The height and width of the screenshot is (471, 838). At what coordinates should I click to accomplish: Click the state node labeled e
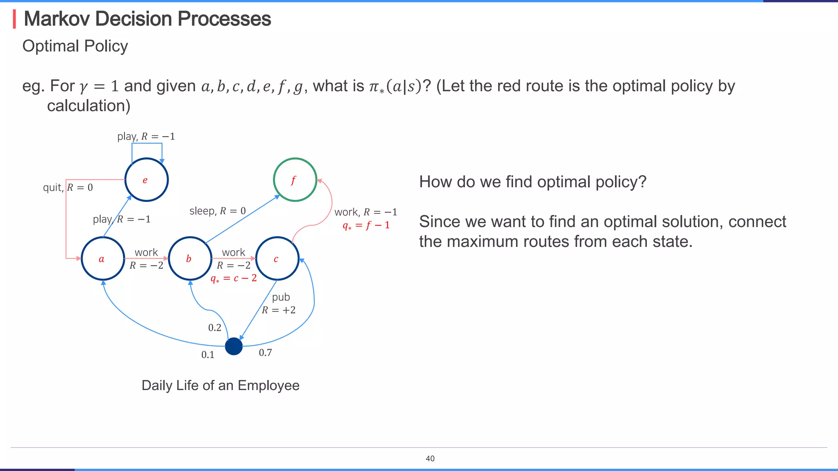point(146,180)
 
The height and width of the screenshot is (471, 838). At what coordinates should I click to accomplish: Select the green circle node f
point(295,180)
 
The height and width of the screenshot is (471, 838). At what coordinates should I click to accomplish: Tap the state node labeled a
point(103,259)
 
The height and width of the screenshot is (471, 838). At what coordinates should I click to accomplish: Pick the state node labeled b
point(190,259)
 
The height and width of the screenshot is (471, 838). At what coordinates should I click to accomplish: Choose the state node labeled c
point(277,259)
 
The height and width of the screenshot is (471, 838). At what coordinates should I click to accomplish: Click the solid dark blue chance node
point(234,346)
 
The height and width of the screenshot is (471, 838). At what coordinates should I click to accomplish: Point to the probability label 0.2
point(214,327)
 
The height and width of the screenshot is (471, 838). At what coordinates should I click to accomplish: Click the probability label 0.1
point(208,355)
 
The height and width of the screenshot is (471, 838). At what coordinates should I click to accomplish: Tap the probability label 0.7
point(265,352)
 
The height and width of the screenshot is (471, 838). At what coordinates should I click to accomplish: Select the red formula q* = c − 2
point(234,278)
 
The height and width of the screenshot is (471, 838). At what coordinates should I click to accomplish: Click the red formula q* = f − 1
point(366,225)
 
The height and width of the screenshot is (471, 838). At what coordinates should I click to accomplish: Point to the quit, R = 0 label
point(68,188)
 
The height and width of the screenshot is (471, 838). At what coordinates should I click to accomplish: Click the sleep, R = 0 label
point(218,211)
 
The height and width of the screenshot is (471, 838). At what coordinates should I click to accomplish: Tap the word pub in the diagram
point(281,297)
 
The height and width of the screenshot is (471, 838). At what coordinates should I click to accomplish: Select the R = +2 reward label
point(279,310)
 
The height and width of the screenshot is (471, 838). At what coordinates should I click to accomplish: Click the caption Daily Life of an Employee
point(220,386)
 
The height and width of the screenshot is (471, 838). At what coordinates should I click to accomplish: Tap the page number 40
point(430,459)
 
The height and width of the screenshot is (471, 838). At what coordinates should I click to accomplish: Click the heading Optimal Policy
point(75,46)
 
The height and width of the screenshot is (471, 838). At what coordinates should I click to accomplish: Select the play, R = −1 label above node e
point(146,137)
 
